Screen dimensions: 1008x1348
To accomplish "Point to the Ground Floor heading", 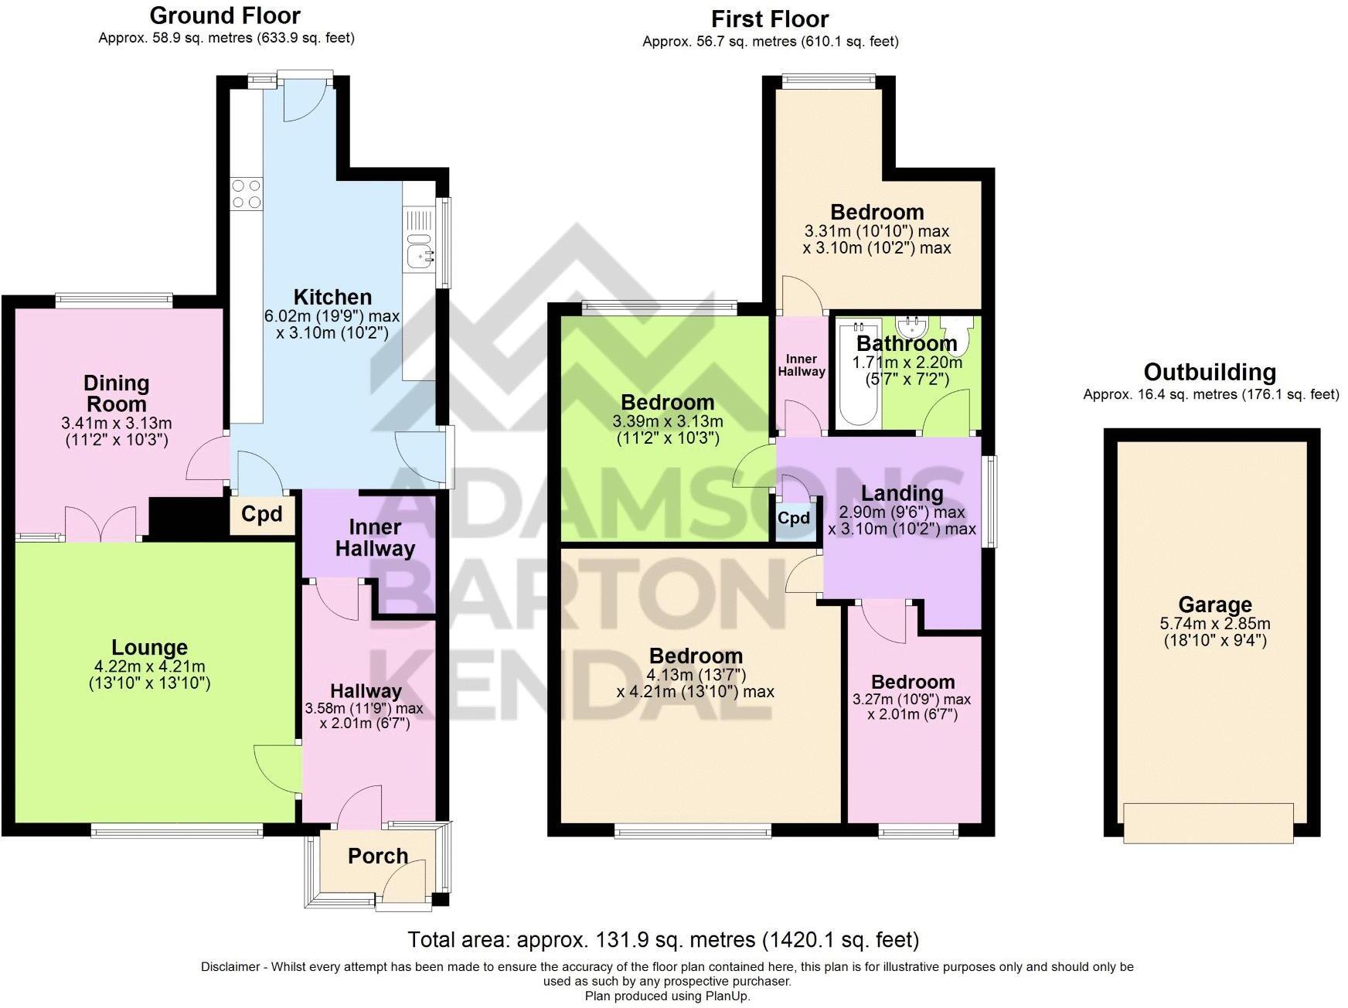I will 225,15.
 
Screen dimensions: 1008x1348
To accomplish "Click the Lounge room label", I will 149,648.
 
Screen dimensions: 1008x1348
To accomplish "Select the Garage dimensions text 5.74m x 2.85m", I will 1214,624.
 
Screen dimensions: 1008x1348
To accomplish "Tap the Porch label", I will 377,856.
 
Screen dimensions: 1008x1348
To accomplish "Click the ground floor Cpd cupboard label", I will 262,514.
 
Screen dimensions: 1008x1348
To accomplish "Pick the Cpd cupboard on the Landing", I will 794,518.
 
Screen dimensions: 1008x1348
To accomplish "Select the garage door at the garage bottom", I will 1207,822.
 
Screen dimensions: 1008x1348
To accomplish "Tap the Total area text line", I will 662,940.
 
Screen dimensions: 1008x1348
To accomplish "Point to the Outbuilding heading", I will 1210,373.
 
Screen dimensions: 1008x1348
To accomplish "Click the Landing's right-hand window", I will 989,502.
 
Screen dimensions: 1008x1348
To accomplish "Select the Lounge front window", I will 177,831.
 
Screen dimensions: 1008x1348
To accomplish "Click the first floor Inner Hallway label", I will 801,365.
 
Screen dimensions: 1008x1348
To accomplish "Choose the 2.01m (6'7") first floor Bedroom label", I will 912,682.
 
